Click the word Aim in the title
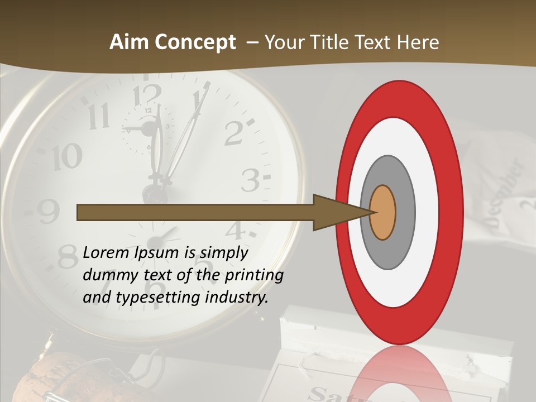(130, 42)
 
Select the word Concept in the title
(195, 42)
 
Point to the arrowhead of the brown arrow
(335, 212)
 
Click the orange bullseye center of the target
(382, 212)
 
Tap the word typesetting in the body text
(157, 298)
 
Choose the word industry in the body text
(237, 298)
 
